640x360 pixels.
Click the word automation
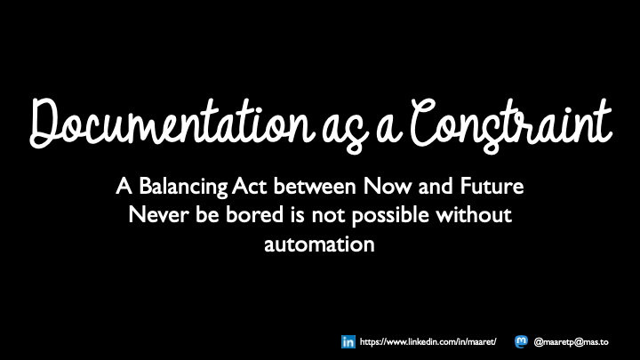pyautogui.click(x=319, y=244)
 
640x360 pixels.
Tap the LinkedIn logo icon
pyautogui.click(x=348, y=341)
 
